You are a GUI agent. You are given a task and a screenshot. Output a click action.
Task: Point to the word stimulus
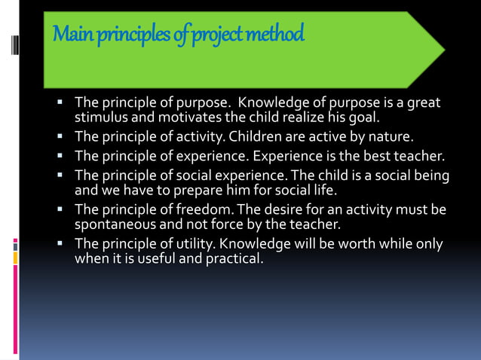click(x=100, y=117)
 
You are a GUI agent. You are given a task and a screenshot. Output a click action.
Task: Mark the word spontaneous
click(x=112, y=224)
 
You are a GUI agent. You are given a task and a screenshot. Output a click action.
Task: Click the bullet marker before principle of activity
click(x=61, y=137)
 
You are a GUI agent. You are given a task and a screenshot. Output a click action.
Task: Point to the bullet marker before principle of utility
click(x=61, y=245)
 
